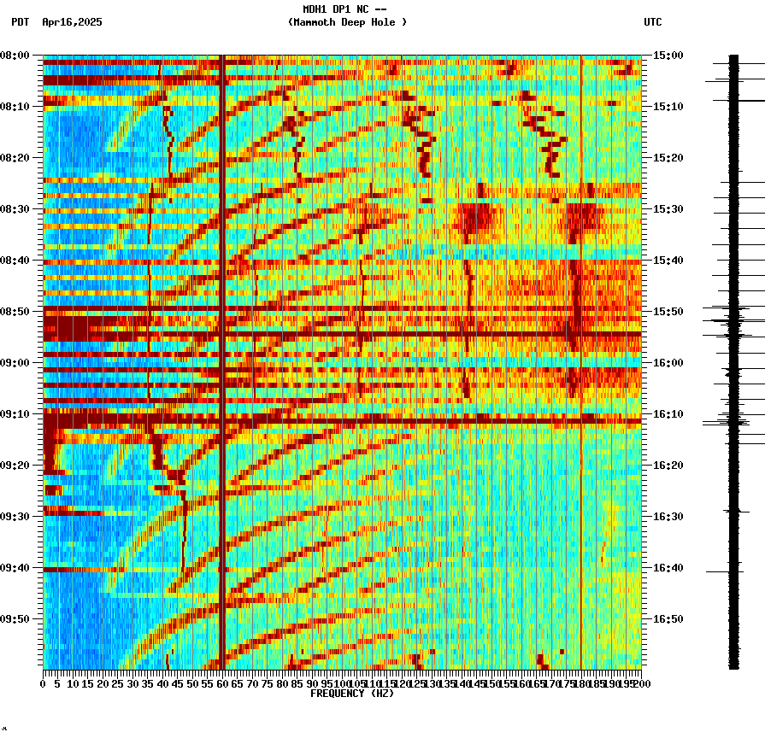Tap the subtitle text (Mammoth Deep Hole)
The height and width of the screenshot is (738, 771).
(x=347, y=22)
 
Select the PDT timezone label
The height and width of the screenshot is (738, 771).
(x=20, y=22)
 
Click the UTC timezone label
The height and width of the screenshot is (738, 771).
(x=652, y=22)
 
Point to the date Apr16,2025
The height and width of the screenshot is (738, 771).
(x=72, y=22)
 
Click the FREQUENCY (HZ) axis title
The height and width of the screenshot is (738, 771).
(x=352, y=694)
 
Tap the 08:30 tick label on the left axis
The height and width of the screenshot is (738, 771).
(x=15, y=209)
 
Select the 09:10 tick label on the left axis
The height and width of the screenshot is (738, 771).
(x=15, y=414)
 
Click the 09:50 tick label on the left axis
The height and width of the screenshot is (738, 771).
(x=15, y=619)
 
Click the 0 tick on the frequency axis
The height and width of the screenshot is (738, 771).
(x=44, y=683)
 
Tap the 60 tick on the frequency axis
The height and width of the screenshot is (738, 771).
(x=222, y=683)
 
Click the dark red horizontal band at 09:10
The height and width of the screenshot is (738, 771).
(x=342, y=420)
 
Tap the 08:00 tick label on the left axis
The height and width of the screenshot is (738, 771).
(x=15, y=56)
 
